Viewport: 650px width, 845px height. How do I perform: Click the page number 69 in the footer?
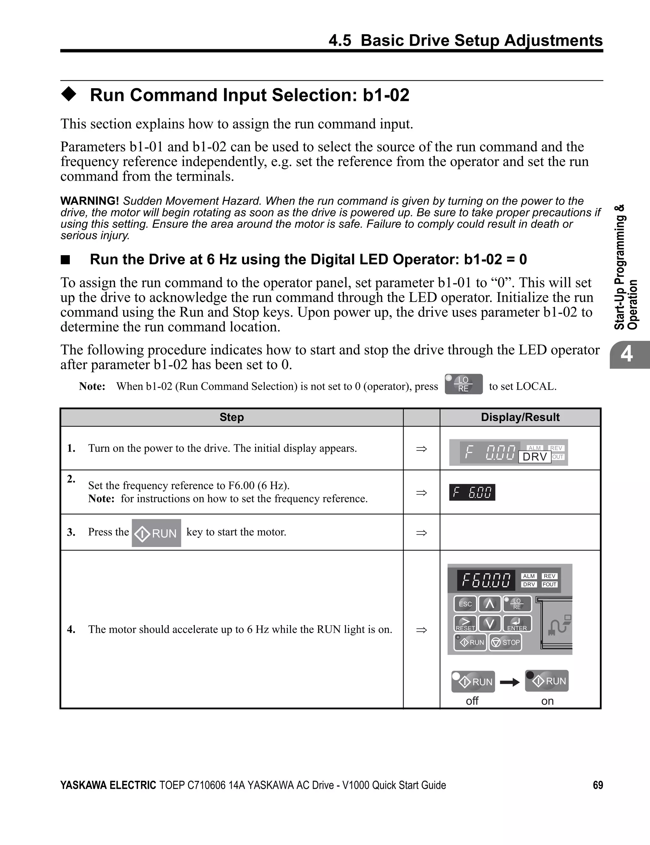click(598, 785)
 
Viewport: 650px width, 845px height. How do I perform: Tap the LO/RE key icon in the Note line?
click(463, 384)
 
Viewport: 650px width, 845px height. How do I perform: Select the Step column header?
click(231, 417)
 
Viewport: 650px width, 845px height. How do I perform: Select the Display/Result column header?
click(520, 417)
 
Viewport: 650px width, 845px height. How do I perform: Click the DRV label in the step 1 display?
click(535, 457)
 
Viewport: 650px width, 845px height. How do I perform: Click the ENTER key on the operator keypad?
click(517, 624)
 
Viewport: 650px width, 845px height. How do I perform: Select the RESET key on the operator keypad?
click(465, 624)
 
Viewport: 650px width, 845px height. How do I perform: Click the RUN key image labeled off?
click(473, 682)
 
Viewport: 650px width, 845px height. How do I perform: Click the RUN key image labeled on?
click(547, 681)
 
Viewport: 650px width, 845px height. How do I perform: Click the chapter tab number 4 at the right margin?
click(627, 354)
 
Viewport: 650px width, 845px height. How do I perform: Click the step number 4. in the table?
click(71, 629)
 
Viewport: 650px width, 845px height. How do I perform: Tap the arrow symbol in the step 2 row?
click(421, 493)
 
